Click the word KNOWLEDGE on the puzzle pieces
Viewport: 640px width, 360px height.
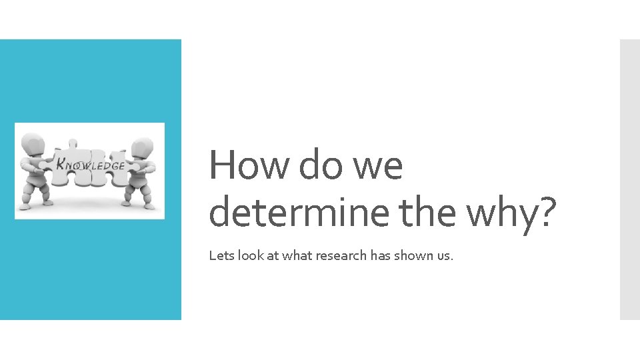[x=89, y=163]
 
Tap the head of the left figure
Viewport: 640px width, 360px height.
[x=33, y=143]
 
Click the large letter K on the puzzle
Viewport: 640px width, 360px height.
[x=61, y=162]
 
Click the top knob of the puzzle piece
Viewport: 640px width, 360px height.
[x=72, y=143]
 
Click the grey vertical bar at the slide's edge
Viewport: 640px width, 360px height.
[x=629, y=179]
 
